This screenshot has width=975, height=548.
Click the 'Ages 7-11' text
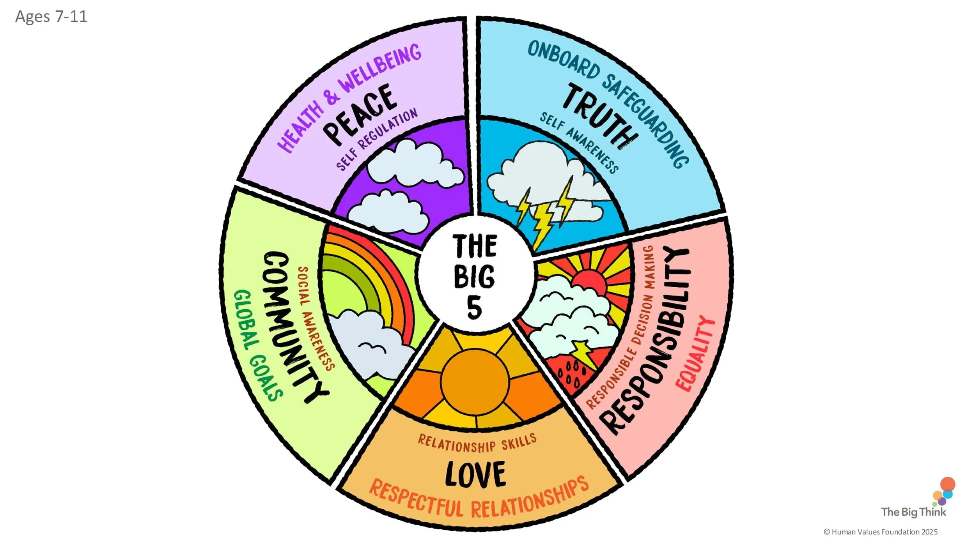[51, 16]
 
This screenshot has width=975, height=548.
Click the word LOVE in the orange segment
[475, 474]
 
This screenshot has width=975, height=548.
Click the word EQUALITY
[695, 354]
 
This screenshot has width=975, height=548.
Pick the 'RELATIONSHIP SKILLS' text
[477, 444]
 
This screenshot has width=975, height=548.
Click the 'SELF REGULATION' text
[377, 139]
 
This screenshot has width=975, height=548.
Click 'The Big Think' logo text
[914, 512]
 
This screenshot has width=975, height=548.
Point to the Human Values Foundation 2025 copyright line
[881, 532]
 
